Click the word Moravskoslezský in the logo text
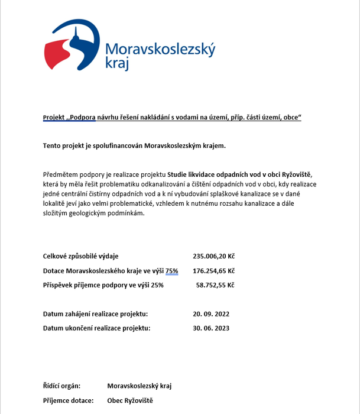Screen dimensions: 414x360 pos(160,50)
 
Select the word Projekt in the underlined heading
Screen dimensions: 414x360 pos(56,118)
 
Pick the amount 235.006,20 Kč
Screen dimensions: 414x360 pos(214,256)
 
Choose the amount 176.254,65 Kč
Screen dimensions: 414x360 pos(214,270)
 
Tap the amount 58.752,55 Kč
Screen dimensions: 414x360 pos(215,284)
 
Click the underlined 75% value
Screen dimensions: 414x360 pos(171,270)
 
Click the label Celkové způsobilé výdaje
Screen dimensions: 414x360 pos(81,256)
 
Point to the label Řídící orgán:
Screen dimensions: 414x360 pos(61,386)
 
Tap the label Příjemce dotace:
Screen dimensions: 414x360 pos(69,400)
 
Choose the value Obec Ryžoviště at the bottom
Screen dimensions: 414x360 pos(130,400)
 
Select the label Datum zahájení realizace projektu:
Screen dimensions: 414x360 pos(95,313)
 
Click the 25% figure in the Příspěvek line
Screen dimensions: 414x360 pos(157,284)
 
